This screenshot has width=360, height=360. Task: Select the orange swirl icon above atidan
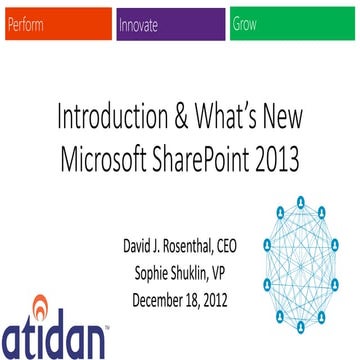pyautogui.click(x=41, y=303)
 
